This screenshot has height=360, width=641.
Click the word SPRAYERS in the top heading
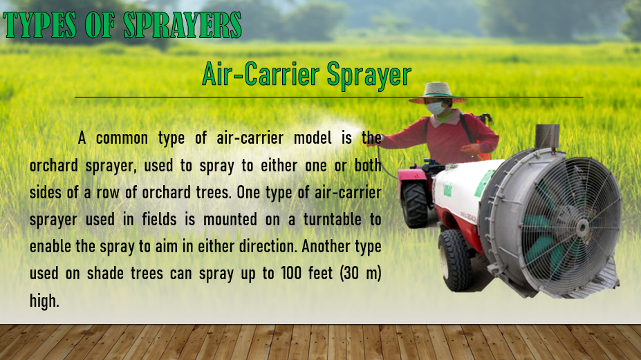coord(183,25)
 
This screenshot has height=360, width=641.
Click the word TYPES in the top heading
coord(39,25)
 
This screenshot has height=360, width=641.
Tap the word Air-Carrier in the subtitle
coord(261,75)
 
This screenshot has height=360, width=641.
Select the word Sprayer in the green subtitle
coord(369,75)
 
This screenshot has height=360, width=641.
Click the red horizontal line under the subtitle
coord(328,97)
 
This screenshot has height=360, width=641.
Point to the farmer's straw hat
coord(438,93)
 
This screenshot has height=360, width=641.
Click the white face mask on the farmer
coord(435,108)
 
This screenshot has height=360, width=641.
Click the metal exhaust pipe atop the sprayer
coord(547,137)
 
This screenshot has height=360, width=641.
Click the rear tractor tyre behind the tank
coord(414,204)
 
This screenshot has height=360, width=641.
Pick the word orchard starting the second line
coord(53,166)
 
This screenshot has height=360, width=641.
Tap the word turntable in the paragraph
coord(333,220)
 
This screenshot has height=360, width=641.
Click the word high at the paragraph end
coord(44,301)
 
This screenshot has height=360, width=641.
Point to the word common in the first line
coord(122,138)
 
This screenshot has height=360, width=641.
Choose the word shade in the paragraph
coord(105,274)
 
